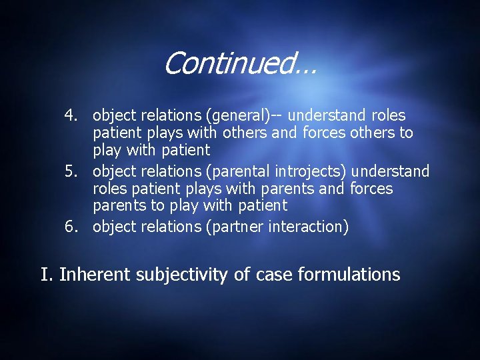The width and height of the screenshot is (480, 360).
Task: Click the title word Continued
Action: [x=240, y=64]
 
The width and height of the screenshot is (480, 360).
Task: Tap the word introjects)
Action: [x=312, y=172]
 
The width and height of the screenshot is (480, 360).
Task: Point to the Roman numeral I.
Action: [x=45, y=274]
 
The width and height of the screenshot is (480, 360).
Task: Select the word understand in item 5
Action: [x=394, y=172]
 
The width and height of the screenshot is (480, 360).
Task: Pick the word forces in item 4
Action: [x=324, y=133]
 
